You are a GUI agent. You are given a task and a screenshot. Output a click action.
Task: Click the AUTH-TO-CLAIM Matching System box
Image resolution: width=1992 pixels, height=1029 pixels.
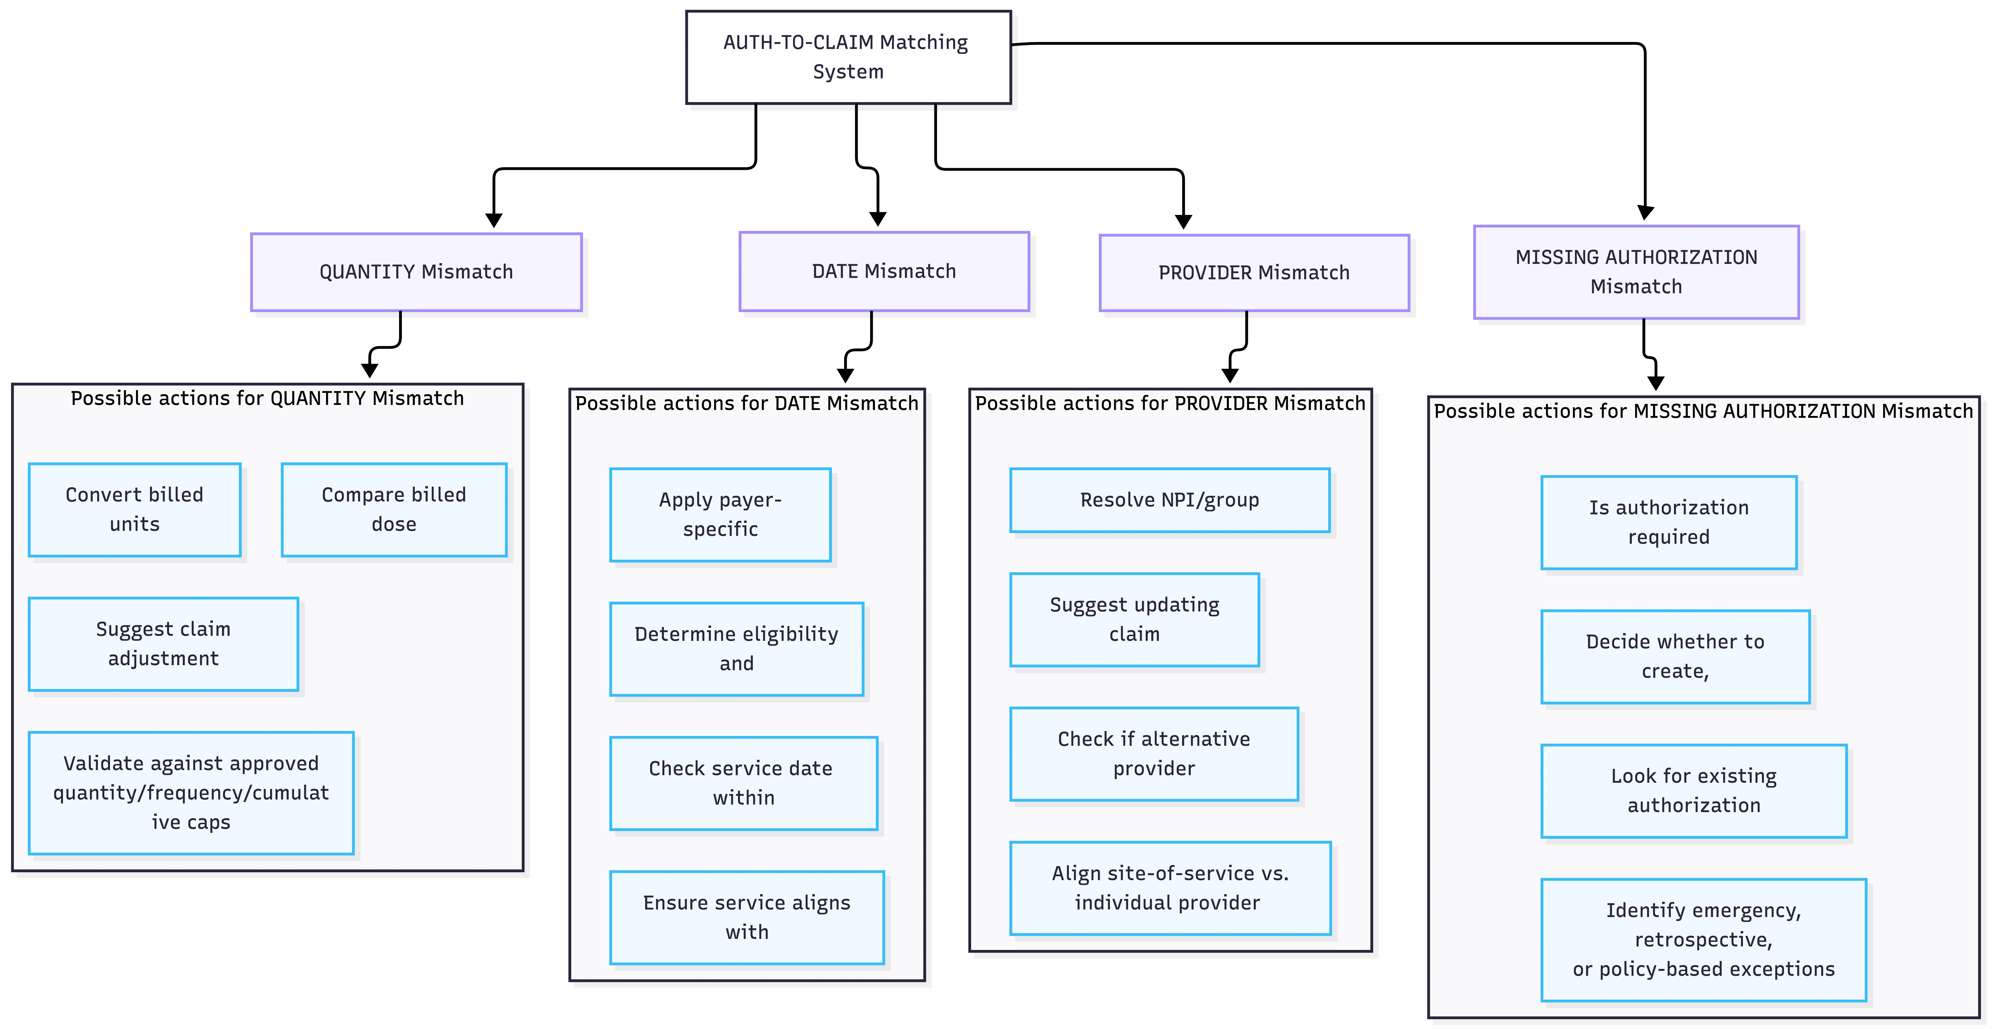848,57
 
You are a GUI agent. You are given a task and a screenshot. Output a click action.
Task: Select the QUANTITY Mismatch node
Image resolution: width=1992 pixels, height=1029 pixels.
416,272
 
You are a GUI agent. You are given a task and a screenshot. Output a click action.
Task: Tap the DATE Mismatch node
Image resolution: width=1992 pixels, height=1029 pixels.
884,271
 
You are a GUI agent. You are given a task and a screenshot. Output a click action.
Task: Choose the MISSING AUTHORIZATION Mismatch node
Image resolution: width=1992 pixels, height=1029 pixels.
1636,272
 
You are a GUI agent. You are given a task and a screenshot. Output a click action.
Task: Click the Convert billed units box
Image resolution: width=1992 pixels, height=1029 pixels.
135,510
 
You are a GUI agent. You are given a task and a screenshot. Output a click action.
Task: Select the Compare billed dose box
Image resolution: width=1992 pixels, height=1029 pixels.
393,510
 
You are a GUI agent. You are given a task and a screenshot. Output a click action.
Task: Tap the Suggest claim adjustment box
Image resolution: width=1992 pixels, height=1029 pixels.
163,644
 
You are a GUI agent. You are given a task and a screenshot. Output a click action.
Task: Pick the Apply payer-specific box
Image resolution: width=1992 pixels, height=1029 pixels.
720,515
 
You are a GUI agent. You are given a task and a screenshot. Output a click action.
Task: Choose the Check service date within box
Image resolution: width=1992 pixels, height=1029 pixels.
743,783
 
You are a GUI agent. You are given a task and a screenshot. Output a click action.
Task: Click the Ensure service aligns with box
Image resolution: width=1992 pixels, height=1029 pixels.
746,918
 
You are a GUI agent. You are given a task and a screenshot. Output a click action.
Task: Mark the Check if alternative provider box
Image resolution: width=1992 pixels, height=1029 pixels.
1154,754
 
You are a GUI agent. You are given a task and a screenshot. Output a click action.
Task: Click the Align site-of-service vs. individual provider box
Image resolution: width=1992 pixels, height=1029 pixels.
1170,888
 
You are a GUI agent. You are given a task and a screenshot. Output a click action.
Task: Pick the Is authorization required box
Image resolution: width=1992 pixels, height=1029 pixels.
1669,523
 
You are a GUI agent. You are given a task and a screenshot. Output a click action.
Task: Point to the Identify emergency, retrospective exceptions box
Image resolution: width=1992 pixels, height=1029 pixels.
1703,940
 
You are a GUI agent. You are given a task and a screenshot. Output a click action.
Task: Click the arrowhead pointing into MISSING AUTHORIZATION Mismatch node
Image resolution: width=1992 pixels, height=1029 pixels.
1646,213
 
